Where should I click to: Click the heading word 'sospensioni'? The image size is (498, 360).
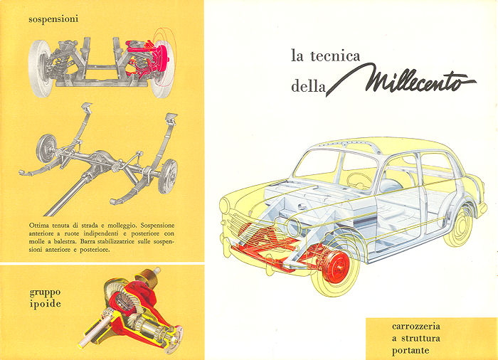pyautogui.click(x=53, y=19)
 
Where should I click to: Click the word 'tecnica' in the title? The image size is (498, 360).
pyautogui.click(x=335, y=56)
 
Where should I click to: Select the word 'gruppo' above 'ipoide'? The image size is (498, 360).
pyautogui.click(x=45, y=292)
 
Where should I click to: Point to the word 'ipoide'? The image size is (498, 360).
pyautogui.click(x=45, y=305)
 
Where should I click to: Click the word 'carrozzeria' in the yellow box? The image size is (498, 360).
pyautogui.click(x=416, y=327)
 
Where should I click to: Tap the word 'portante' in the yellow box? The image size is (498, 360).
pyautogui.click(x=410, y=351)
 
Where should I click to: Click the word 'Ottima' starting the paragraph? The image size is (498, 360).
pyautogui.click(x=38, y=226)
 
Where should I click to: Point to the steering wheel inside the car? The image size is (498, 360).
pyautogui.click(x=359, y=181)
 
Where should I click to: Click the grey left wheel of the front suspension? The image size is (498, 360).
pyautogui.click(x=41, y=68)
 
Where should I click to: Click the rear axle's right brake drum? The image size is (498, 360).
pyautogui.click(x=168, y=176)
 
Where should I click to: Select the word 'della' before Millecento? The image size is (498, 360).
pyautogui.click(x=308, y=86)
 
